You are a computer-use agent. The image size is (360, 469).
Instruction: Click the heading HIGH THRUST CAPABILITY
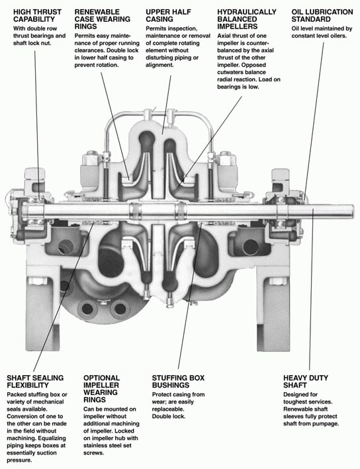(37, 16)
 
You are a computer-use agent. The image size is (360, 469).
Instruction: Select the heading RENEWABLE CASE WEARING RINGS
(103, 19)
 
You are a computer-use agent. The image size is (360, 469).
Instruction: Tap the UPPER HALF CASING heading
(168, 16)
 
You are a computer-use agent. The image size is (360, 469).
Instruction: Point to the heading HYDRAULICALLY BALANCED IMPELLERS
(247, 19)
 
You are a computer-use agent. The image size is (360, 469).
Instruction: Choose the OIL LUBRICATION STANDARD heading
(322, 16)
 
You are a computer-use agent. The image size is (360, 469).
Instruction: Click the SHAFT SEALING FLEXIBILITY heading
(35, 382)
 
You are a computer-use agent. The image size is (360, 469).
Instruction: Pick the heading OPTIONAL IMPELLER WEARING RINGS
(101, 388)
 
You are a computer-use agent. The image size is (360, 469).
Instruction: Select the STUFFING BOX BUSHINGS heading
(178, 382)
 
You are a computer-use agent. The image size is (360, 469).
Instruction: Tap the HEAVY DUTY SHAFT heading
(306, 382)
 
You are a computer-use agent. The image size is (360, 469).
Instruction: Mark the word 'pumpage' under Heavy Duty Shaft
(326, 424)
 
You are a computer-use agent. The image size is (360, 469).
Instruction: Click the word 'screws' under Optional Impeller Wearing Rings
(94, 453)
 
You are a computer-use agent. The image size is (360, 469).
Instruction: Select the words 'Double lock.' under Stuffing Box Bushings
(169, 416)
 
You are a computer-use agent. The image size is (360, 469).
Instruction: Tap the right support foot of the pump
(273, 314)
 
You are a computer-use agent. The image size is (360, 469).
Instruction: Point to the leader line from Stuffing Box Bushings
(190, 296)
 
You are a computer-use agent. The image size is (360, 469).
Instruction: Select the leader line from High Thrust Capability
(37, 125)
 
